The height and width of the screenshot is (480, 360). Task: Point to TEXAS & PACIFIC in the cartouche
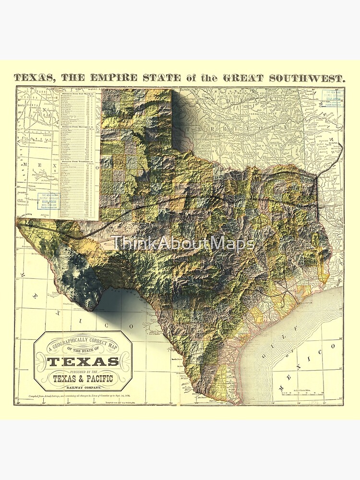point(83,379)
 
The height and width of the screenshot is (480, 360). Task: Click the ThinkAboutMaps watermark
point(182,244)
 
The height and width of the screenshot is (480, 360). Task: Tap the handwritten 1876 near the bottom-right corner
point(328,399)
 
